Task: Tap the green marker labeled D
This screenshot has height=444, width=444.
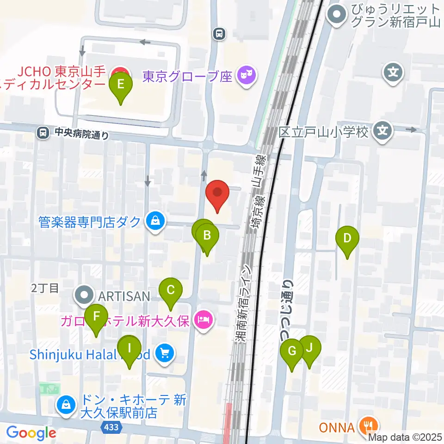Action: pos(347,239)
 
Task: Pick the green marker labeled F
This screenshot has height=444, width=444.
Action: pos(96,317)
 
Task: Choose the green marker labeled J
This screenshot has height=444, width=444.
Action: pos(310,348)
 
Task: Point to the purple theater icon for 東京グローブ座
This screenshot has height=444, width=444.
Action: pos(246,75)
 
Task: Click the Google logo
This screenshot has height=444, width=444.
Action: pos(31,433)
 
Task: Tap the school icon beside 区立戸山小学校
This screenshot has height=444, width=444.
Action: pos(382,131)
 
